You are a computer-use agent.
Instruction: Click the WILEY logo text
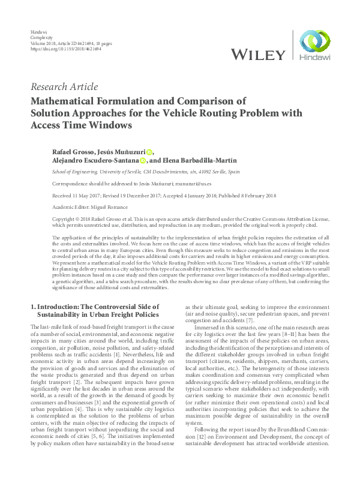259,55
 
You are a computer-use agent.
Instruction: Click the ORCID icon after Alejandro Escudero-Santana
143,160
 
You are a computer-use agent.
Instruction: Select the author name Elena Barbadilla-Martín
202,160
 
